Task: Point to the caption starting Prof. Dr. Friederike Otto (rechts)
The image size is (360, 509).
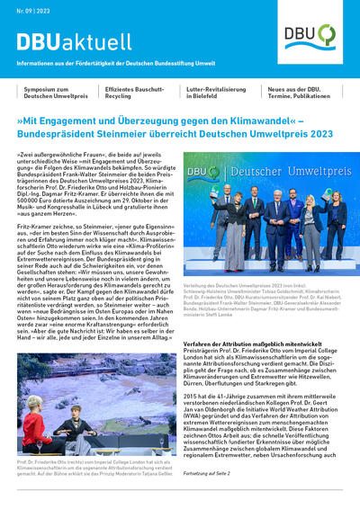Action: (90, 465)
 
